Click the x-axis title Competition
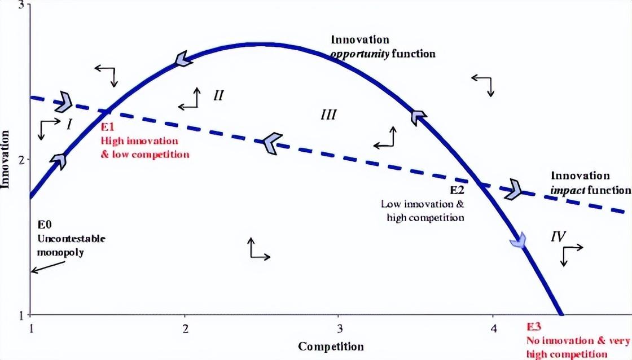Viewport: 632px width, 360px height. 331,346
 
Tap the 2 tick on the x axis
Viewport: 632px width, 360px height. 185,328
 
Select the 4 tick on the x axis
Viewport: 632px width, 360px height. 493,328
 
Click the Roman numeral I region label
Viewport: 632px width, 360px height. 68,124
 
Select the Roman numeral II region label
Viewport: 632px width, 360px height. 219,95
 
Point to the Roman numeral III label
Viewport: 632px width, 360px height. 328,115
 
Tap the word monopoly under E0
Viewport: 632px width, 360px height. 60,252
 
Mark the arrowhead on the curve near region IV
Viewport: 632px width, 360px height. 517,240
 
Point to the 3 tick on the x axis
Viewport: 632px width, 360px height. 339,328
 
